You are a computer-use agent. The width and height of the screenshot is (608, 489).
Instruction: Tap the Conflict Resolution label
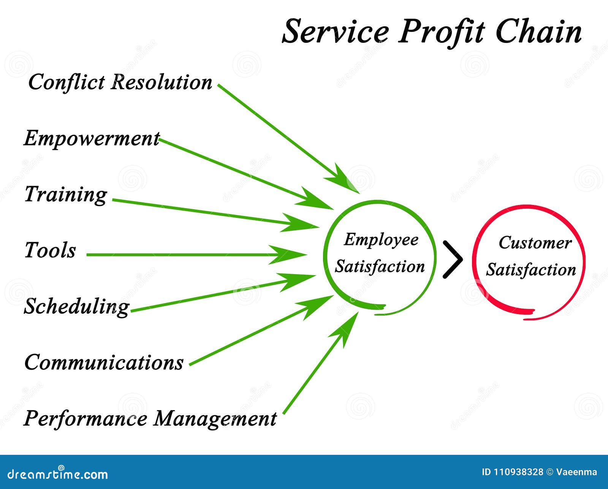click(120, 82)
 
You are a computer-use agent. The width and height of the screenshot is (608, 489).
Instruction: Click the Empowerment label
click(92, 139)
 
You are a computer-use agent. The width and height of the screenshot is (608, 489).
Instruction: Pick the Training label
click(66, 194)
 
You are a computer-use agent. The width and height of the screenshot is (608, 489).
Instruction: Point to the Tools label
click(50, 251)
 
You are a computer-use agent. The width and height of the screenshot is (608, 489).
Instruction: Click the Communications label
click(104, 363)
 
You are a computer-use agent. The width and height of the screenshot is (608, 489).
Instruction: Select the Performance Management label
click(150, 419)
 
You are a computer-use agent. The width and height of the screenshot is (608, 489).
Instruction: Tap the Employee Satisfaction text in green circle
click(380, 253)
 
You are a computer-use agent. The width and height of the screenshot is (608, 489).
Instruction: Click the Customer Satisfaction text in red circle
click(531, 256)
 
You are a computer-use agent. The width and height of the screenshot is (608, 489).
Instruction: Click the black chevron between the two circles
click(453, 260)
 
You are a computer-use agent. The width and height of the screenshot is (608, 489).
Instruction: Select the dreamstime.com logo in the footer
click(58, 474)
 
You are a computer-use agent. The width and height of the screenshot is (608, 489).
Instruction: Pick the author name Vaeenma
click(576, 472)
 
